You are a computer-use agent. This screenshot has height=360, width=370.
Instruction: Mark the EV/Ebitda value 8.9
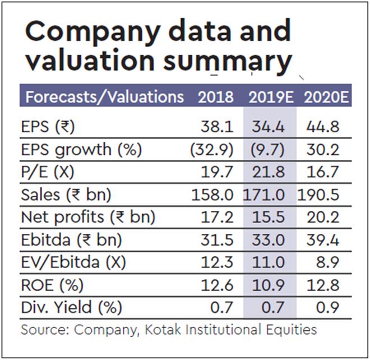(331, 263)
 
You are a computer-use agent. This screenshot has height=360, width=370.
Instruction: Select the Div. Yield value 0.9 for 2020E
(331, 308)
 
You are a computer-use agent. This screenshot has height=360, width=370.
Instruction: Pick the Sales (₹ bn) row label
(66, 195)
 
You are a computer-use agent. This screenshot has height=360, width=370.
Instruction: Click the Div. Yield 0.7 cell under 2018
(223, 308)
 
